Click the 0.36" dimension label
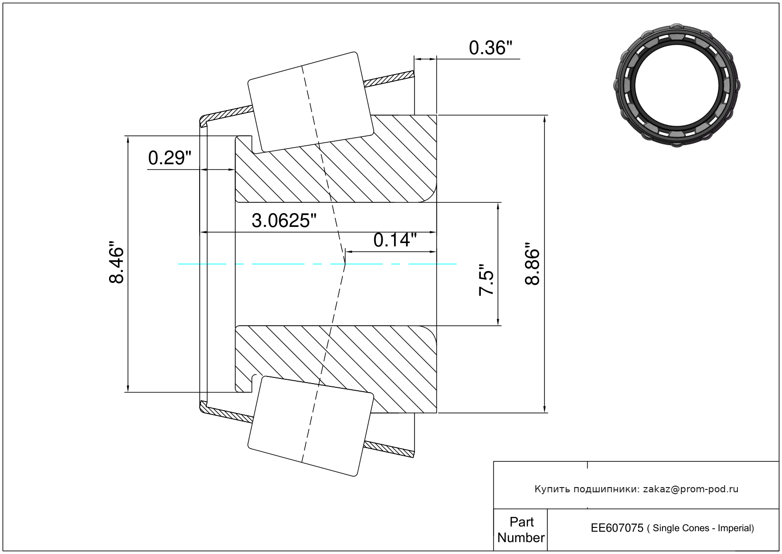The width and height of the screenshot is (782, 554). [x=490, y=48]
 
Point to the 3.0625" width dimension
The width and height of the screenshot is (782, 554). [x=284, y=221]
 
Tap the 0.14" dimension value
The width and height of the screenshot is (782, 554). [x=395, y=240]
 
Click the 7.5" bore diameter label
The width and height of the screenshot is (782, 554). [x=486, y=279]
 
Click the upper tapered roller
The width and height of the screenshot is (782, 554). [x=311, y=102]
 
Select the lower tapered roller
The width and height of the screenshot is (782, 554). [x=311, y=426]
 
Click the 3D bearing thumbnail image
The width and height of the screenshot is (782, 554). [x=677, y=85]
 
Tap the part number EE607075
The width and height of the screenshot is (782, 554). [x=617, y=528]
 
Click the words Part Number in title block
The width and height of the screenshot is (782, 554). [x=521, y=529]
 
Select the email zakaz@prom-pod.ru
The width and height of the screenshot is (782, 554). [x=690, y=489]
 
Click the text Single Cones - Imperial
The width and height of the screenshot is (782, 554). [x=703, y=528]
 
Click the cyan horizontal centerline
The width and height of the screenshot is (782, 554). [x=317, y=264]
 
